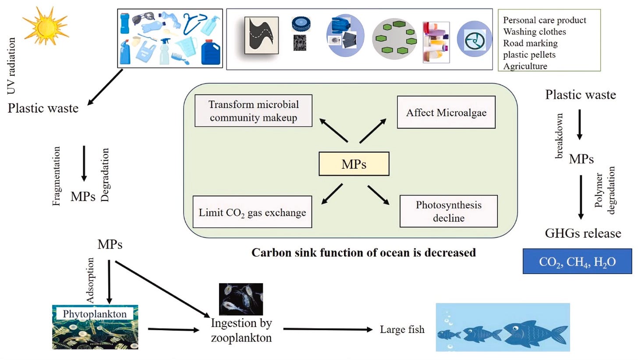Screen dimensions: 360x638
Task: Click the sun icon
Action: pyautogui.click(x=45, y=26)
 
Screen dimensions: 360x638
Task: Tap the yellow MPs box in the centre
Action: pyautogui.click(x=354, y=164)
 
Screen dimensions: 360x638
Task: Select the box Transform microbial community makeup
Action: pyautogui.click(x=253, y=111)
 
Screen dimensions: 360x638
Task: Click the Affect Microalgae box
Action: pyautogui.click(x=446, y=112)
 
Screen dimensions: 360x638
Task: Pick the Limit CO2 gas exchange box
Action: pyautogui.click(x=252, y=212)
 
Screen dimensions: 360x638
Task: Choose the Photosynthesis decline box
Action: pyautogui.click(x=448, y=211)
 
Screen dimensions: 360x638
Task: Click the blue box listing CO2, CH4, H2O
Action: pyautogui.click(x=578, y=262)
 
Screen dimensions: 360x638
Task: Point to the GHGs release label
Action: pyautogui.click(x=583, y=233)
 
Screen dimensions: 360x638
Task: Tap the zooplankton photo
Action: pyautogui.click(x=241, y=299)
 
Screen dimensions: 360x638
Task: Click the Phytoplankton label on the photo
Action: pyautogui.click(x=95, y=314)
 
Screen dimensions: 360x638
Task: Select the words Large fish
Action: pyautogui.click(x=402, y=329)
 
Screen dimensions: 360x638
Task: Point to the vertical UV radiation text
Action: pyautogui.click(x=11, y=66)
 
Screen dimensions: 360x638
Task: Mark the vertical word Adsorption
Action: pyautogui.click(x=91, y=281)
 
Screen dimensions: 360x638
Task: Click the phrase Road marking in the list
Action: pyautogui.click(x=530, y=43)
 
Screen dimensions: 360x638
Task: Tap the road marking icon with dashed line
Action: pyautogui.click(x=261, y=35)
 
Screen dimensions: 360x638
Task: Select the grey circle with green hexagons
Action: pyautogui.click(x=394, y=39)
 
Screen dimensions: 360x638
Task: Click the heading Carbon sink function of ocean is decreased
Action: pyautogui.click(x=364, y=253)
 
